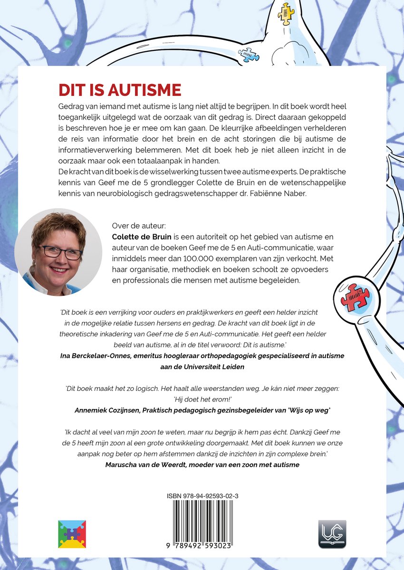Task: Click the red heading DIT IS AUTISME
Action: (120, 90)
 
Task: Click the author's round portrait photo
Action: (58, 252)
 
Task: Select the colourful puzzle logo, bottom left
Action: (72, 534)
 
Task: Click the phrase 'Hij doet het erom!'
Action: (202, 398)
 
